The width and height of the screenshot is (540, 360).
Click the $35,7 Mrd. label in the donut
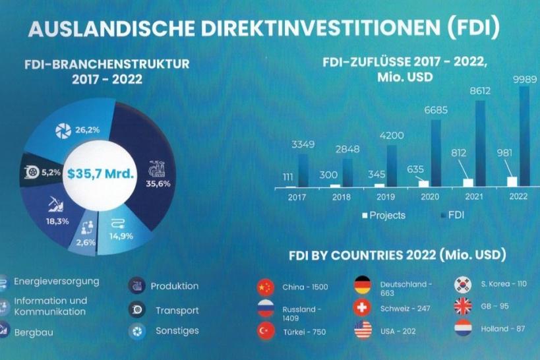(x=104, y=175)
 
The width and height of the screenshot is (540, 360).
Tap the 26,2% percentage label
(x=88, y=130)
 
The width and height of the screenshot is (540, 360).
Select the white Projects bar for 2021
(x=468, y=183)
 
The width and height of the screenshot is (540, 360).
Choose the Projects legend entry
(x=386, y=215)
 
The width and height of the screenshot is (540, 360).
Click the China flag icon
(x=265, y=287)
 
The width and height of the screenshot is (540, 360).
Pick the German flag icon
(x=363, y=285)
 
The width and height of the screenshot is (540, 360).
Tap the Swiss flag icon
(x=363, y=308)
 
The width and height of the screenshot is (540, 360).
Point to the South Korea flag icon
(x=463, y=285)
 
